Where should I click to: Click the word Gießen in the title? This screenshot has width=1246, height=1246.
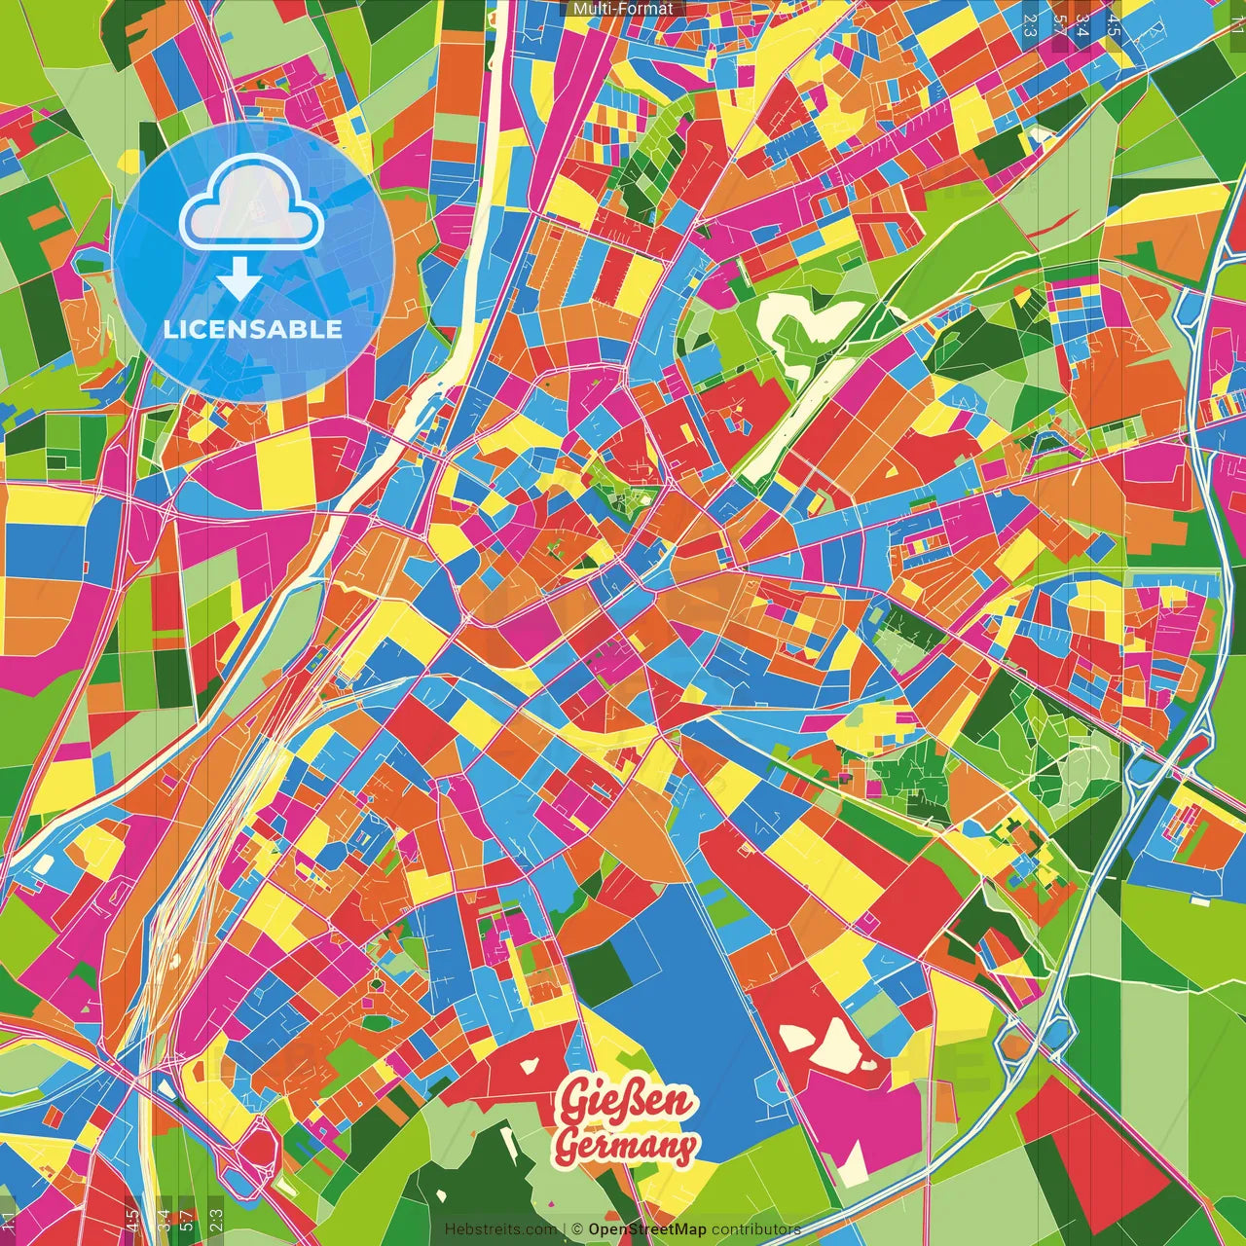point(627,1103)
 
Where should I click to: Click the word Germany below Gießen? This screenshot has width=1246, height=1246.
point(626,1147)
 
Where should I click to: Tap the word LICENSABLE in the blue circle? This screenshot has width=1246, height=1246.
point(253,329)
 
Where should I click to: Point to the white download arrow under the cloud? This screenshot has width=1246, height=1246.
point(238,279)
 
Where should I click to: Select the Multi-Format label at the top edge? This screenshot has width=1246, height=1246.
point(623,9)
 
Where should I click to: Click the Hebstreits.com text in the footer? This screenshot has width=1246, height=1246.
point(500,1229)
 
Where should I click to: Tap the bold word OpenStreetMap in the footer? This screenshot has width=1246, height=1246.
point(646,1229)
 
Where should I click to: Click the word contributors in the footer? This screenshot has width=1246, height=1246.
point(755,1229)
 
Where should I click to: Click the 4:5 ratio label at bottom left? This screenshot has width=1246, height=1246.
point(132,1221)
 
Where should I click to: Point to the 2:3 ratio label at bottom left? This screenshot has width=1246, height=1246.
point(216,1221)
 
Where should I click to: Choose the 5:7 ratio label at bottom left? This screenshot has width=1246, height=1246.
point(186,1221)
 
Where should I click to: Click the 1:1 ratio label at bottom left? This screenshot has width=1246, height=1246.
point(9,1221)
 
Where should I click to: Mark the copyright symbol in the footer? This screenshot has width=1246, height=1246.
point(576,1229)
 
